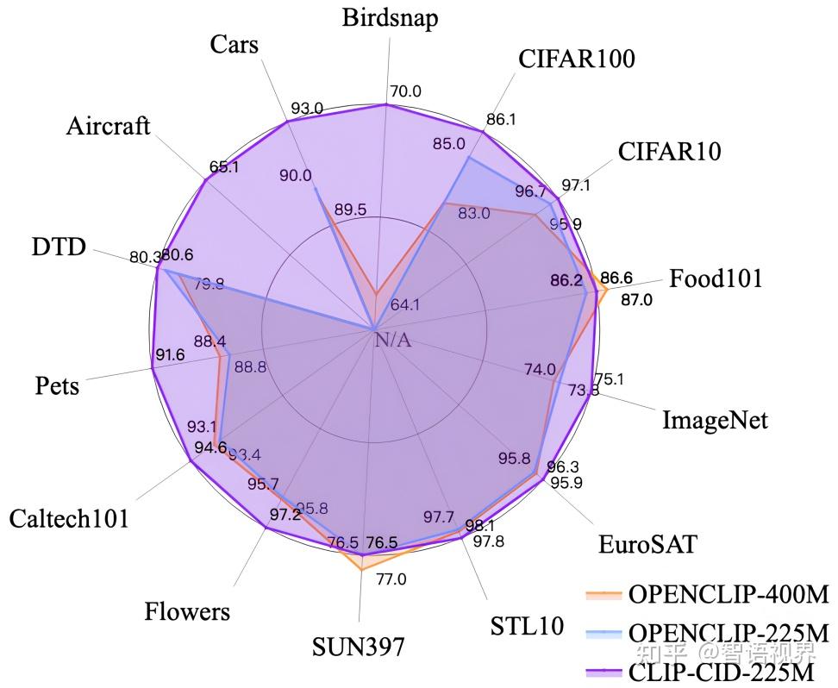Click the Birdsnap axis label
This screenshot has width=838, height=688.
[x=389, y=17]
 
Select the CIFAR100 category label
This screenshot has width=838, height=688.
[x=577, y=59]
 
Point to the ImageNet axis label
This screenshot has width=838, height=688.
[x=714, y=421]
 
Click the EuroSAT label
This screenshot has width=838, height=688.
[x=647, y=545]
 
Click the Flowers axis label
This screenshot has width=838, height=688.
[x=187, y=612]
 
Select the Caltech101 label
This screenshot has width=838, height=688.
[x=69, y=518]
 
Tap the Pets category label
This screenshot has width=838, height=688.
[x=57, y=385]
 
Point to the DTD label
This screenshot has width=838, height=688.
[x=59, y=248]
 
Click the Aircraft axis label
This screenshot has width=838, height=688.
[x=108, y=126]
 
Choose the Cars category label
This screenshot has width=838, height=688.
[x=234, y=44]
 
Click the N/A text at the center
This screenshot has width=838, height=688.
[x=393, y=341]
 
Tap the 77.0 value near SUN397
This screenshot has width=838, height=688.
[x=391, y=579]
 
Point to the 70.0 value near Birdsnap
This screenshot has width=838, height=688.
[x=405, y=91]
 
